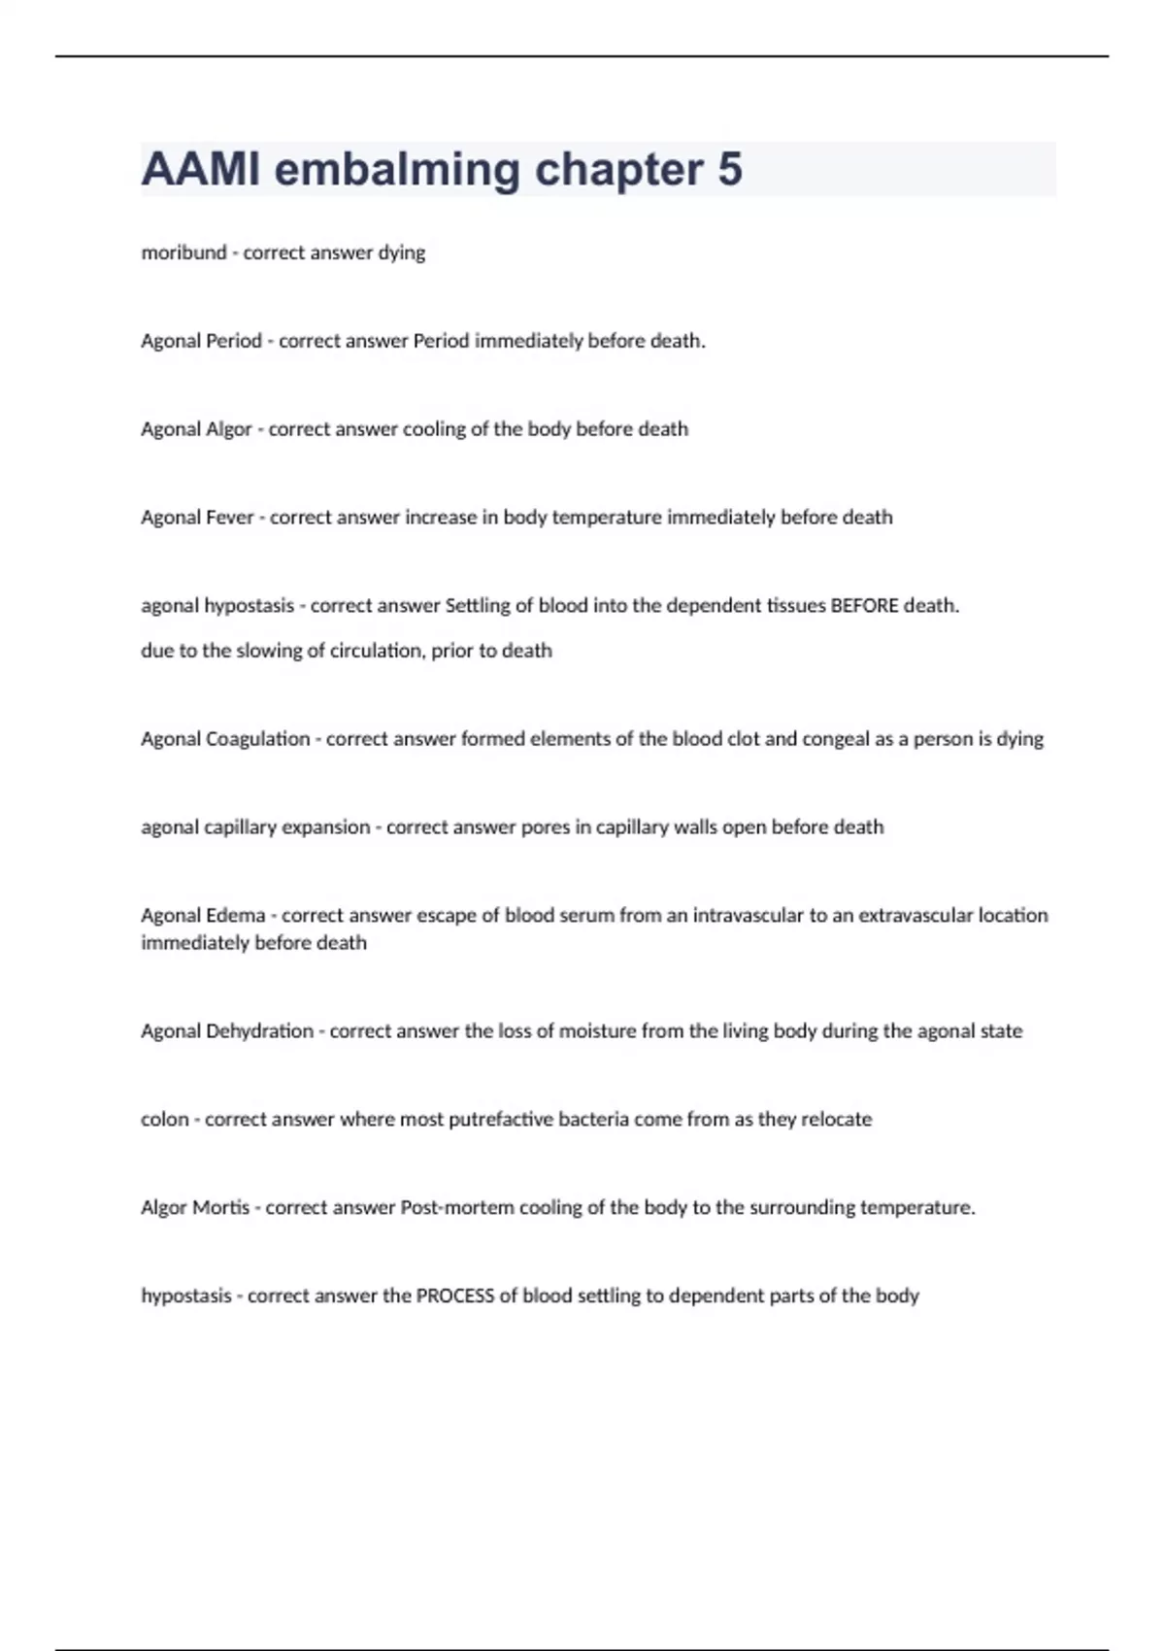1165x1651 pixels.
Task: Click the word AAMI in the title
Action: (201, 169)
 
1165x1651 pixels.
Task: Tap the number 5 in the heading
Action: (730, 169)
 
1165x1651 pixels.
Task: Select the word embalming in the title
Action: (398, 169)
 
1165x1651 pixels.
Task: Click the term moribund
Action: (183, 253)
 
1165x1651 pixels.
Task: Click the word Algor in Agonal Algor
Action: (228, 429)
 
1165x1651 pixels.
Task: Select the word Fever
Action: (230, 518)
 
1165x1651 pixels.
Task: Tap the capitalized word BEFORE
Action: (864, 606)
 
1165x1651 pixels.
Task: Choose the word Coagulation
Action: (257, 739)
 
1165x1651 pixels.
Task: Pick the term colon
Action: (164, 1120)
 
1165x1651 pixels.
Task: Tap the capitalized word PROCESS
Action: (454, 1297)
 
